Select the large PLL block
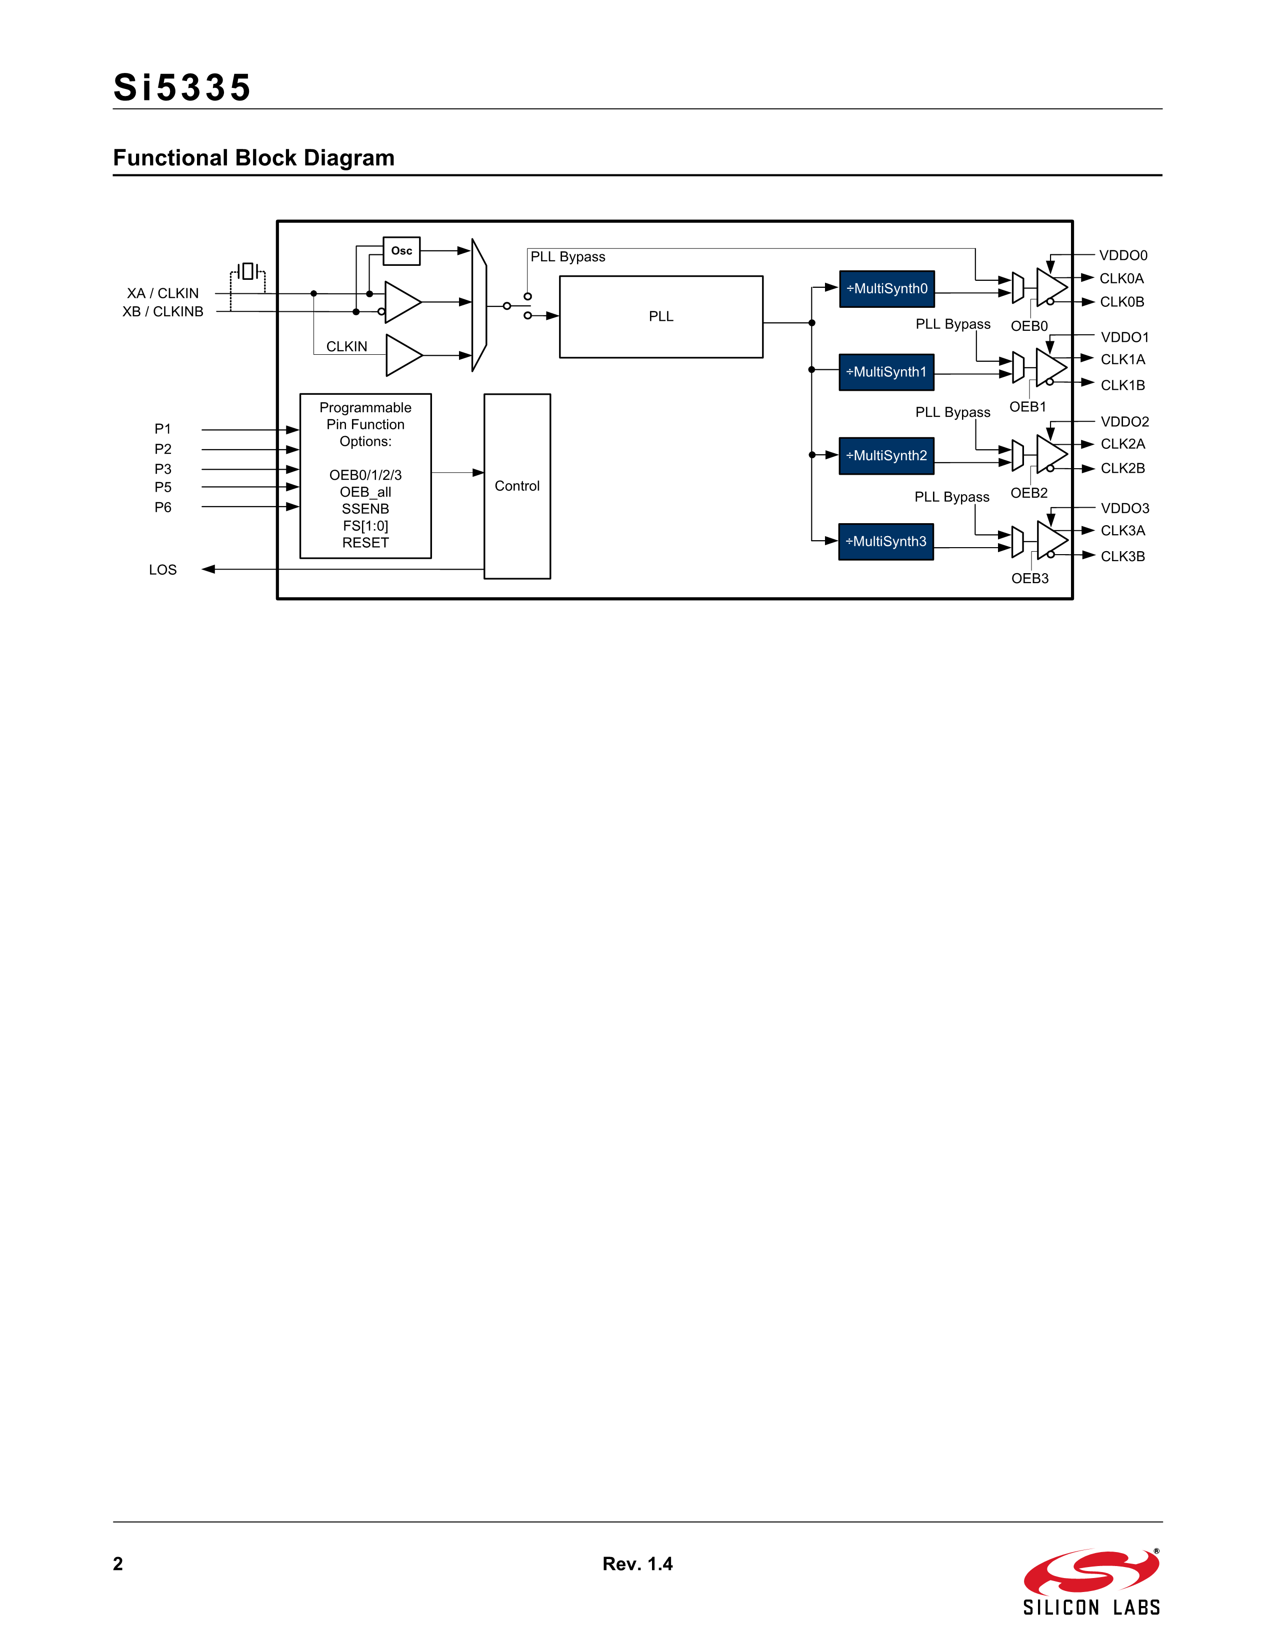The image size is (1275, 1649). click(661, 316)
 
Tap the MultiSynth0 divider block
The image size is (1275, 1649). click(887, 288)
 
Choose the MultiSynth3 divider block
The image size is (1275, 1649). click(886, 541)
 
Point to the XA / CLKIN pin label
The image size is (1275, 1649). click(162, 293)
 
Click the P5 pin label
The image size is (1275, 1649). click(162, 487)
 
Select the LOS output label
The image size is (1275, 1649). click(162, 570)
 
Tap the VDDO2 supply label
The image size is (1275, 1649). click(1124, 421)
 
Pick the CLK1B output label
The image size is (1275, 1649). click(1122, 385)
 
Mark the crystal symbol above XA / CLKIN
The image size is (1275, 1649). click(247, 271)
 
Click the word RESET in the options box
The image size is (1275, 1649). click(365, 543)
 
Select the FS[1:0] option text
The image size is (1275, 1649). click(365, 526)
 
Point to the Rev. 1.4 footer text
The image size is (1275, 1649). click(637, 1564)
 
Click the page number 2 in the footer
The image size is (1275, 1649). click(118, 1564)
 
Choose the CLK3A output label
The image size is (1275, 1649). click(1122, 531)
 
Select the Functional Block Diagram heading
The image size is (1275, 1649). click(254, 158)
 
